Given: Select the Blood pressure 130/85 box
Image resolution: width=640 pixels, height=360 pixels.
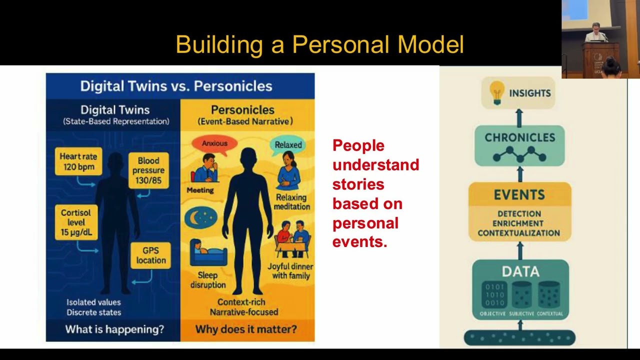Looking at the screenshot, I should coord(148,170).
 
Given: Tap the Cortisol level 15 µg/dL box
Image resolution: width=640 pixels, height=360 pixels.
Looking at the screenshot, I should coord(76,222).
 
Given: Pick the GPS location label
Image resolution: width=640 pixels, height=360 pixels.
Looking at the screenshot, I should coord(150,255).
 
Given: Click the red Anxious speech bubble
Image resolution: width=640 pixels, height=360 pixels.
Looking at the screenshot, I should coord(214,143).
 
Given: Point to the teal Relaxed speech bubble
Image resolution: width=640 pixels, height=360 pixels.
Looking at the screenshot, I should coord(288,145).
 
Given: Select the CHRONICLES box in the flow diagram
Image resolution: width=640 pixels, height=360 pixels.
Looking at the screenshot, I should coord(519,145).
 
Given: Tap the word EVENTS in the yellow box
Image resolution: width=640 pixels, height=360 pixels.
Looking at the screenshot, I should coord(519,194).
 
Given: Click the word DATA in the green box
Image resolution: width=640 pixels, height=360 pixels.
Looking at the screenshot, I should coord(520,271).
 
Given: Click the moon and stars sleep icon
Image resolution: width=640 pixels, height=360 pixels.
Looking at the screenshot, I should coord(201,217).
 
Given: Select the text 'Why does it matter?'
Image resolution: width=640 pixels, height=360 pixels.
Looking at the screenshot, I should coord(245,329).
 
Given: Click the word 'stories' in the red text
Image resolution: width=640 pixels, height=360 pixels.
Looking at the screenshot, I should coord(358,184).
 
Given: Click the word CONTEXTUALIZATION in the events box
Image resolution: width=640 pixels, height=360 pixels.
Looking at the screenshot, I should coord(518,233).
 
